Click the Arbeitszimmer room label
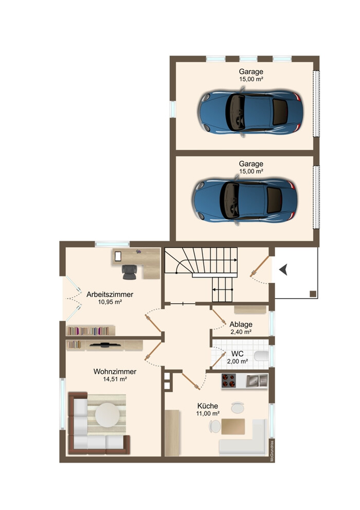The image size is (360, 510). coord(110,295)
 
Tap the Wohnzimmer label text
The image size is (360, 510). coord(115,371)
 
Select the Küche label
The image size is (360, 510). coord(208,406)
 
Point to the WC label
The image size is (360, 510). coord(238,354)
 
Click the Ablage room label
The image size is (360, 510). coord(241,324)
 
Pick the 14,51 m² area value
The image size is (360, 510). coord(115,379)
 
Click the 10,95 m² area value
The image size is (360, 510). coord(110,302)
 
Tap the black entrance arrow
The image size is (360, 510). coord(283,269)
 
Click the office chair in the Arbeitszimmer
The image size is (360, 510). coord(130,272)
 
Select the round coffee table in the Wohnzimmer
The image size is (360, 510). coord(107,415)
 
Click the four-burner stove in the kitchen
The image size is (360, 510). coord(228,381)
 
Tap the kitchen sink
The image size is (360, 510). coord(257,381)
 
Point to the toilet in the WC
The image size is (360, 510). coord(261,356)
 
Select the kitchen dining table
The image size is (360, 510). coord(233,426)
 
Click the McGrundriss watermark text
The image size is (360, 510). coord(272,450)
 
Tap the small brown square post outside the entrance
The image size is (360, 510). coord(313,294)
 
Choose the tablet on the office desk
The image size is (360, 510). coord(118,257)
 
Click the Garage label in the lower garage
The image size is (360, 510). coord(251,164)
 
